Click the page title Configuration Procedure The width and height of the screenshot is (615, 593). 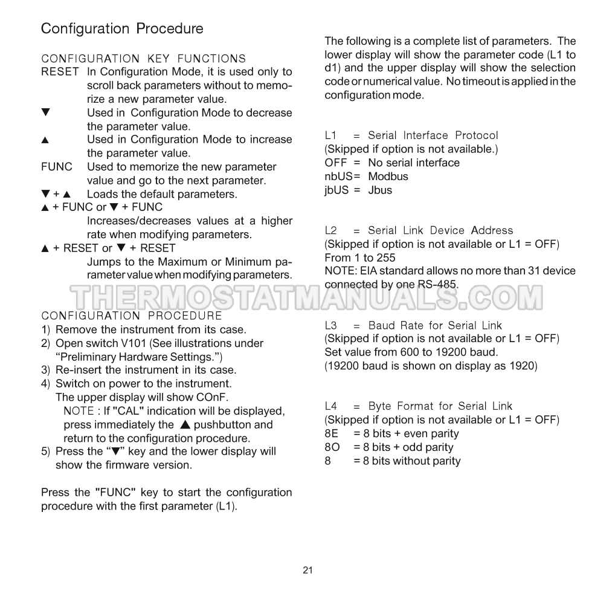coord(122,28)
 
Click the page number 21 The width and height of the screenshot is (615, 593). coord(307,570)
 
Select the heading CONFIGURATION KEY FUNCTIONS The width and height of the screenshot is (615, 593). coord(143,59)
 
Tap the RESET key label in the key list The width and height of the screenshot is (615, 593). coord(60,72)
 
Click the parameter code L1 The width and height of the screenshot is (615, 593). coord(330,135)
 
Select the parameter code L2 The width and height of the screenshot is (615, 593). coord(330,230)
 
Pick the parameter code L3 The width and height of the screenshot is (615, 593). coord(330,325)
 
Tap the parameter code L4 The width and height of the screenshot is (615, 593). coord(330,406)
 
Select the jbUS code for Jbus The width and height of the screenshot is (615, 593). coord(337,190)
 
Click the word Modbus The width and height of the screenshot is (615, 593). coord(388,177)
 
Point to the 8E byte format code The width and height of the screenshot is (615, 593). coord(332,433)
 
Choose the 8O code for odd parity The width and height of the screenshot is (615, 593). coord(332,447)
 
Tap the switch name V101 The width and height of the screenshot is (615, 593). coord(134,343)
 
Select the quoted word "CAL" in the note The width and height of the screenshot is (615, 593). coord(130,411)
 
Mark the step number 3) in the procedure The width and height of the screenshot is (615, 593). coord(45,370)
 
